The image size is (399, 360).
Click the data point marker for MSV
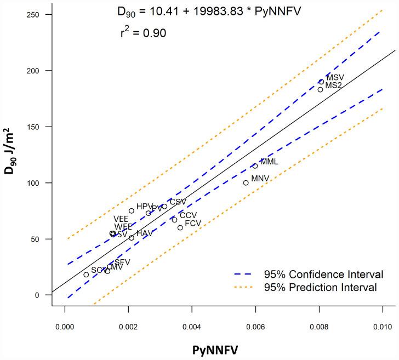322,82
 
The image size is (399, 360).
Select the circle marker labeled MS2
321,89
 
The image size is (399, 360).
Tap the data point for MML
255,165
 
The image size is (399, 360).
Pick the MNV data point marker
246,183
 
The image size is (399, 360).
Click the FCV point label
193,224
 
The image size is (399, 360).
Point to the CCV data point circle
174,220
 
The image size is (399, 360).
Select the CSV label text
178,202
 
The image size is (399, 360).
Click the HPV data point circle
132,211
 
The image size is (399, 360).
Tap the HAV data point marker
132,238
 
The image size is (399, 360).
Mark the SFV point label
122,262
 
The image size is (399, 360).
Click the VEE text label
121,219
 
